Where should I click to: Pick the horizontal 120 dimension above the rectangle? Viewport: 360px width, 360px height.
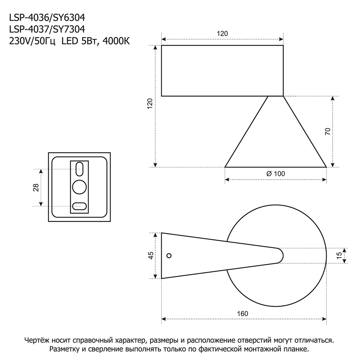pos(222,34)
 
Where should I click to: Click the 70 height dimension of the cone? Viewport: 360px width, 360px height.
pos(327,131)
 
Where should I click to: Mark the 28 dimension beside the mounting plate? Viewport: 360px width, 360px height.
pos(36,188)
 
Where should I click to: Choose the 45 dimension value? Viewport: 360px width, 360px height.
pos(151,256)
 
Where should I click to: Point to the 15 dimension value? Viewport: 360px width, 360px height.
pos(339,256)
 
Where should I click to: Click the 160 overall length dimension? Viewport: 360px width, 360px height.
pos(243,314)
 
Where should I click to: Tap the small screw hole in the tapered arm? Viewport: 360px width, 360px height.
pos(169,256)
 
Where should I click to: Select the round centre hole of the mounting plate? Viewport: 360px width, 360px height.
pos(80,187)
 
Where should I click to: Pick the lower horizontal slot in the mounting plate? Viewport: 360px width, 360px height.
pos(79,206)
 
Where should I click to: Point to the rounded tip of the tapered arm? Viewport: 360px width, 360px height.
pos(280,256)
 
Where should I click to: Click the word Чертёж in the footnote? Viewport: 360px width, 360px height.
pos(37,340)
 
